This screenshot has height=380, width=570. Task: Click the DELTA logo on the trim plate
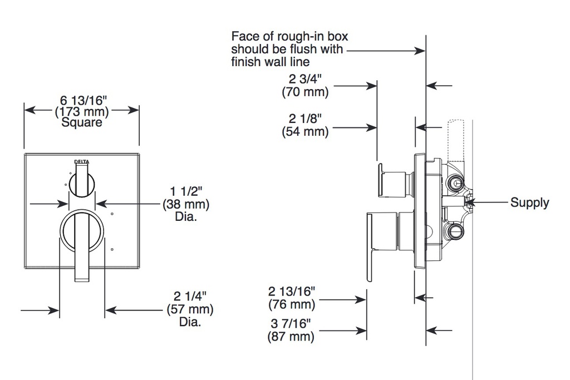tap(82, 162)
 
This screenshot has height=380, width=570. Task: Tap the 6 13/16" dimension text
tap(83, 100)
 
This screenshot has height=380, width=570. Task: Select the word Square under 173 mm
tap(81, 122)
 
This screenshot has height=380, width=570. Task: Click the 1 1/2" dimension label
tap(186, 191)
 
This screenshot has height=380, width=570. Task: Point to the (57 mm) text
tap(190, 309)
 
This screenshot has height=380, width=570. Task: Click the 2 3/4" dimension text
tap(305, 79)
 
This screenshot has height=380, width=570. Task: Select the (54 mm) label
tap(305, 131)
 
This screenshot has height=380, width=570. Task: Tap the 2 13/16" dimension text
tap(292, 291)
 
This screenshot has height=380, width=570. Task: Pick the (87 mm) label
tap(291, 336)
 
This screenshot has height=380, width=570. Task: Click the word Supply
tap(530, 203)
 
